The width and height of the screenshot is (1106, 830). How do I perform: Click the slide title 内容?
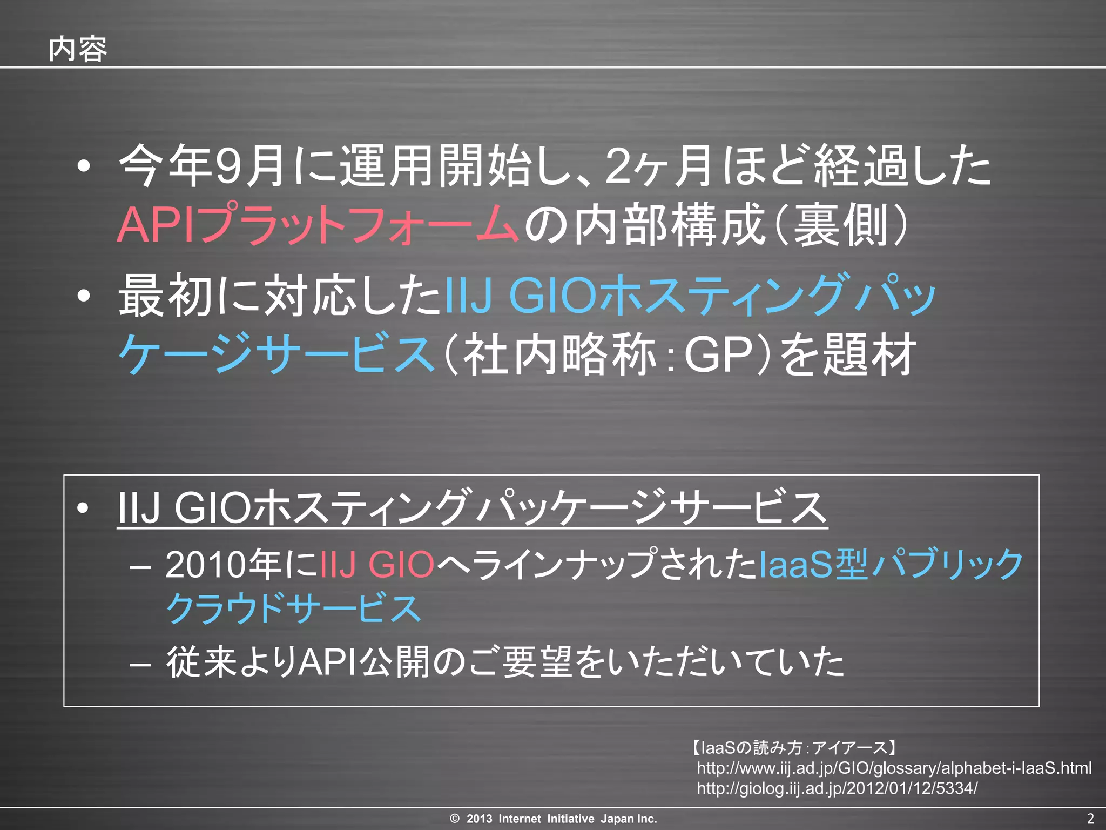pos(78,50)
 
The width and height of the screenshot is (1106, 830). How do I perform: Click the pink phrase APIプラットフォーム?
pos(318,224)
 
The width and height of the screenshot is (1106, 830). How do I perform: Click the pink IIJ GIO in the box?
pos(377,565)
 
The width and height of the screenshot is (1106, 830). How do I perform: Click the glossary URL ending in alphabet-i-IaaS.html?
pos(894,768)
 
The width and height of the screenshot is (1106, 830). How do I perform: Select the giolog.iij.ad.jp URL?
pos(837,788)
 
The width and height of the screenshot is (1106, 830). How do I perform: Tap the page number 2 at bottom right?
pos(1090,818)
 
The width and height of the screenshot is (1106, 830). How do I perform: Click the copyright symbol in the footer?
pos(455,819)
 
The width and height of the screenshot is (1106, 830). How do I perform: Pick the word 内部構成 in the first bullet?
pos(670,224)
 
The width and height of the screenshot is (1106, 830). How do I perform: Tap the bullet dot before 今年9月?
pos(83,166)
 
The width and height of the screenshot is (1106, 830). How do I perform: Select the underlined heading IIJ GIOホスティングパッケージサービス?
pos(472,508)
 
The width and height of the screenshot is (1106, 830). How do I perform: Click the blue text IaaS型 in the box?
pos(813,565)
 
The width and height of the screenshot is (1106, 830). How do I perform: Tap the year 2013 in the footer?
pos(479,819)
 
